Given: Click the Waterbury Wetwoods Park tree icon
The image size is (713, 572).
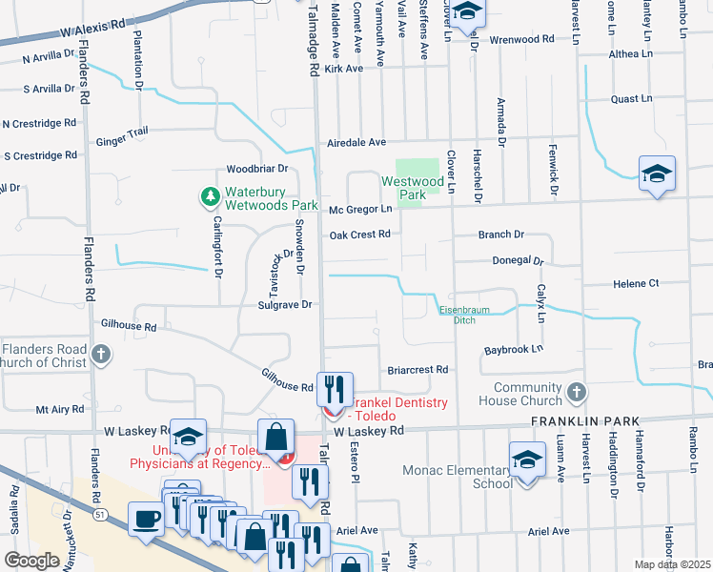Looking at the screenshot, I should (x=211, y=197).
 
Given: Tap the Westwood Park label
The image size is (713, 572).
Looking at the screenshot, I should (x=413, y=188).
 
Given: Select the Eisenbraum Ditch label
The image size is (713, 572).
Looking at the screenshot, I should (x=457, y=316).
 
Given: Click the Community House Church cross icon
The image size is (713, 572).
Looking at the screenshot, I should (x=576, y=392).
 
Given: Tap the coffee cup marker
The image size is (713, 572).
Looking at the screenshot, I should (x=146, y=520).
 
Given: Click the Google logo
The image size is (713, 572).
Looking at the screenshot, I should (x=31, y=561).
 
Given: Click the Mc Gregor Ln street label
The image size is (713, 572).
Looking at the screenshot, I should (x=361, y=209).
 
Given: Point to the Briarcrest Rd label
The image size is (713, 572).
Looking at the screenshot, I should (x=418, y=369).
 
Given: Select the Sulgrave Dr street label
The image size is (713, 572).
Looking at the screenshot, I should (x=285, y=304).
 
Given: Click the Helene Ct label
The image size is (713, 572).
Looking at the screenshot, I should (x=635, y=283).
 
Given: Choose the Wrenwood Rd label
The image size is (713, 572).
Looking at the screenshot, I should (x=521, y=40).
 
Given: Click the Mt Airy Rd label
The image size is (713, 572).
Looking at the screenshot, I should (x=60, y=409).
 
